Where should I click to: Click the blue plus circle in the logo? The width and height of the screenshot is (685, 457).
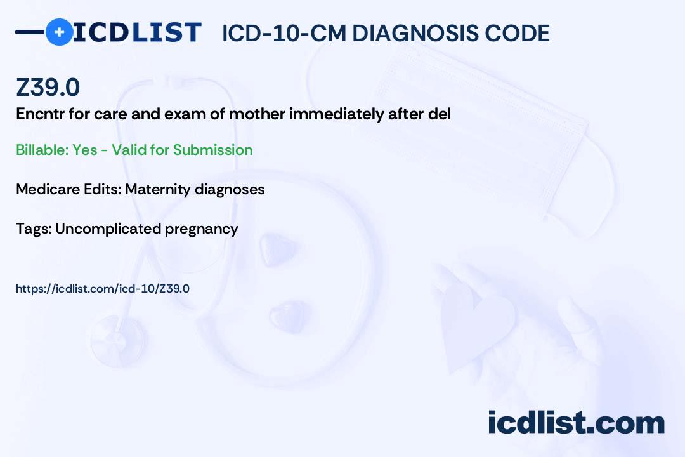60,32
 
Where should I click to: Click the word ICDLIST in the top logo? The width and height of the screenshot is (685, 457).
137,32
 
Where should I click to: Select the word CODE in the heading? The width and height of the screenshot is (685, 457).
511,33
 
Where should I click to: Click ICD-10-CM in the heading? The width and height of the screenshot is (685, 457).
284,33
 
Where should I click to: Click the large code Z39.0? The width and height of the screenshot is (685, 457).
48,87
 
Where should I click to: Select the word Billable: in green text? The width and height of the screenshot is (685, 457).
42,150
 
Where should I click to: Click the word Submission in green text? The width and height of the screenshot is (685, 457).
212,150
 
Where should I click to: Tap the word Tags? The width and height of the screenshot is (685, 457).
34,229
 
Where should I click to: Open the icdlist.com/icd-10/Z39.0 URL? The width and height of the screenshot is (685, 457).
103,289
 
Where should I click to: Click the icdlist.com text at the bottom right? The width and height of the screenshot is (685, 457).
576,422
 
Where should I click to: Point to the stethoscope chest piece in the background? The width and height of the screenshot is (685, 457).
118,340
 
